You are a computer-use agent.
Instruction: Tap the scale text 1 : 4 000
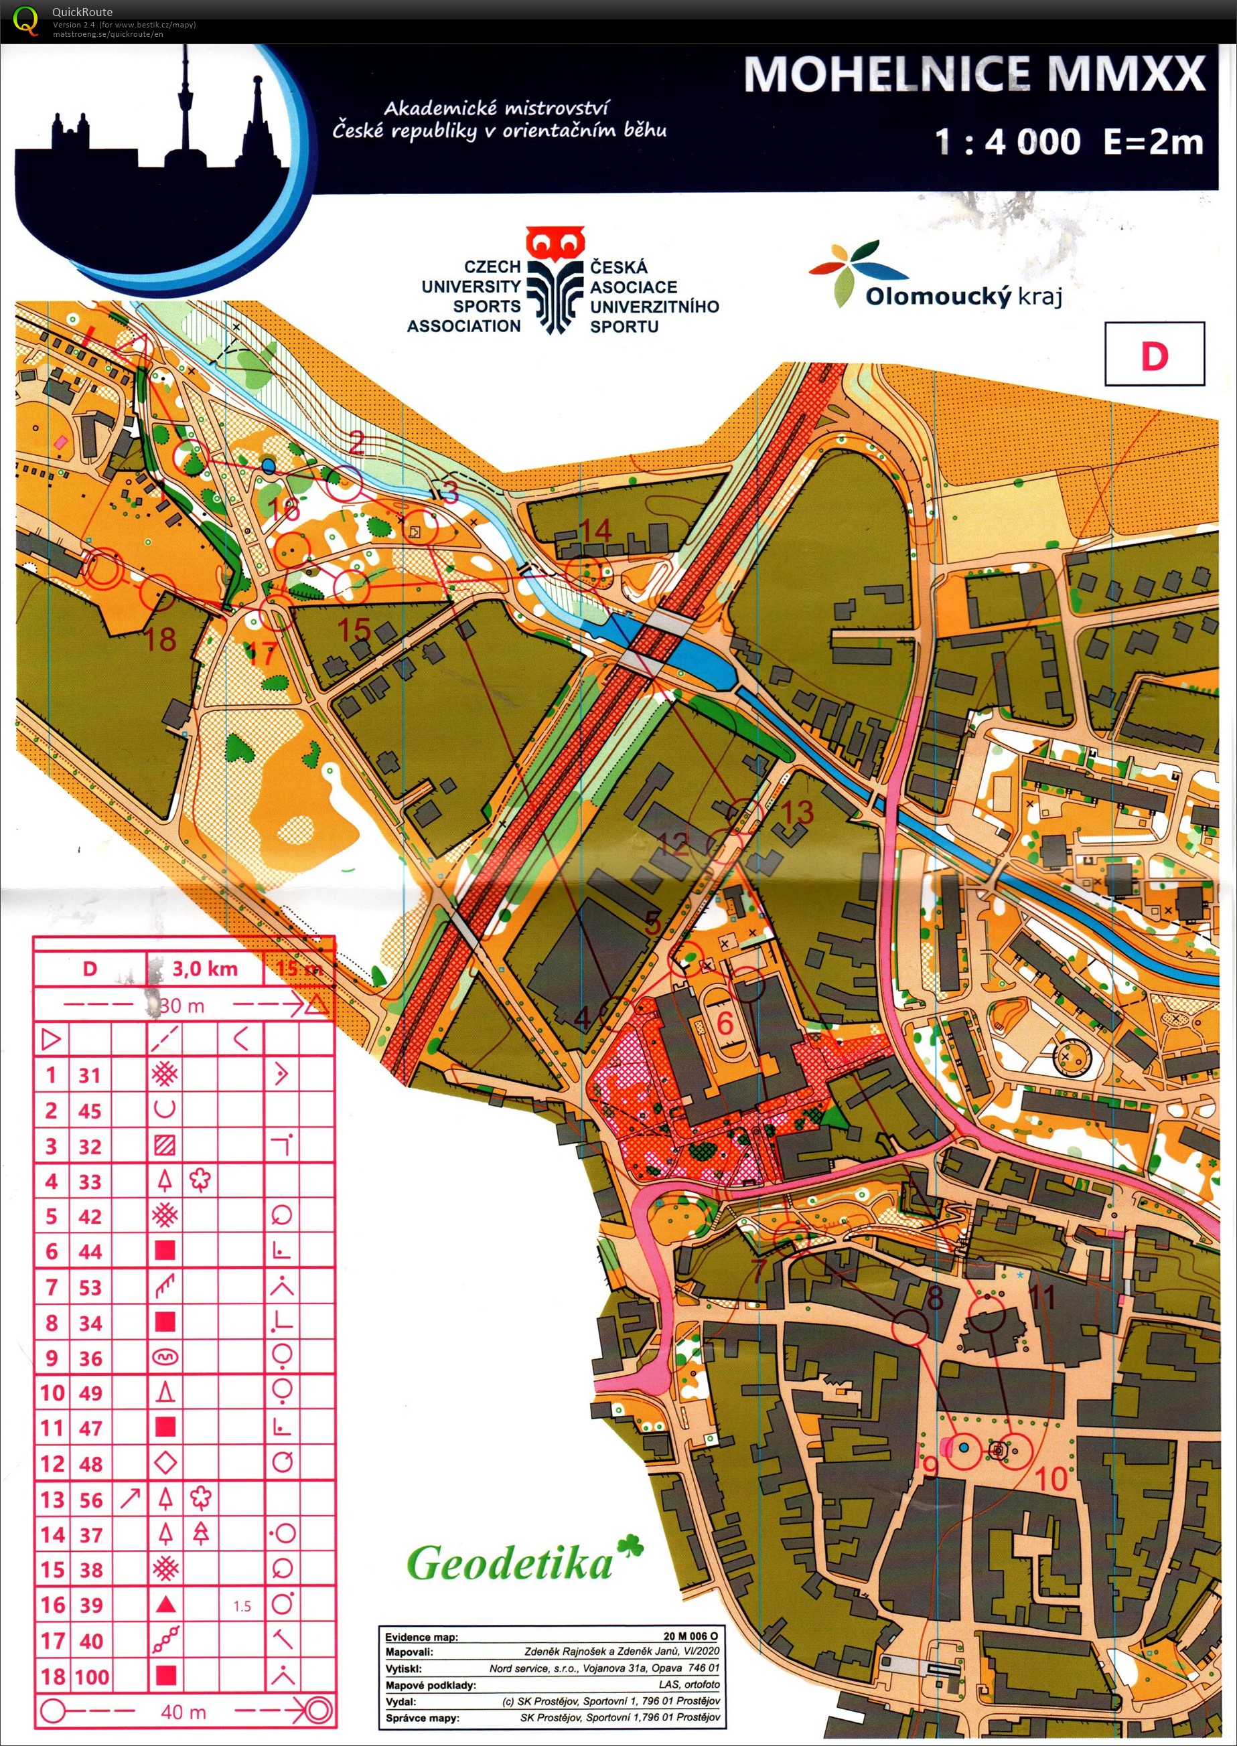(x=1007, y=142)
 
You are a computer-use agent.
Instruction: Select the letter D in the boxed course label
(x=1154, y=355)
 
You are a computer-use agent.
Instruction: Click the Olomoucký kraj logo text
(x=963, y=295)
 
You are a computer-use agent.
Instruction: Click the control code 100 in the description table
(x=90, y=1676)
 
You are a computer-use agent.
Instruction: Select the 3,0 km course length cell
(x=204, y=969)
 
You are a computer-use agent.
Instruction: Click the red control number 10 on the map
(x=1052, y=1479)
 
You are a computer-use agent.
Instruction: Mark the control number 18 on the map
(x=161, y=639)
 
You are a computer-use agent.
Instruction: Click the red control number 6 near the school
(x=725, y=1022)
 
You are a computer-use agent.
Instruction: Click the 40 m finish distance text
(x=183, y=1712)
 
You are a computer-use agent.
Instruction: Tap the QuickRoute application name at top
(x=82, y=11)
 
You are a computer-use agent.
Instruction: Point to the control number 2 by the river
(x=356, y=442)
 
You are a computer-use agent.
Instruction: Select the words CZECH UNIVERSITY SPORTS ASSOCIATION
(x=471, y=296)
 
